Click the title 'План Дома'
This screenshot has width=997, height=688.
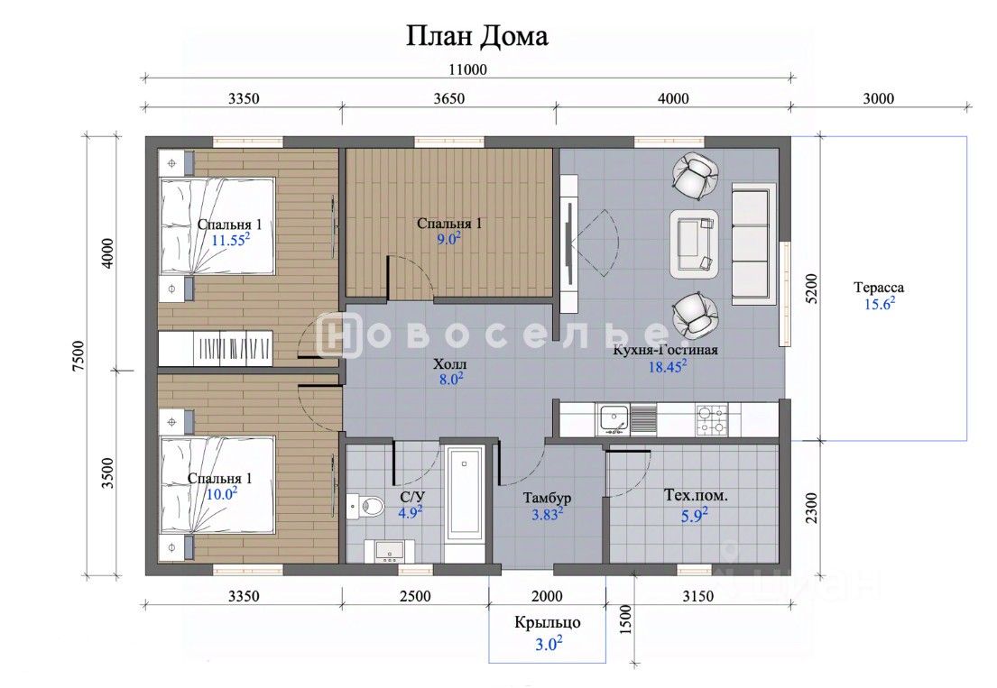click(x=477, y=37)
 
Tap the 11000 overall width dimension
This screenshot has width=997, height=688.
click(x=467, y=69)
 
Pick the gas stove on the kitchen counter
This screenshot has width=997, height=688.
click(x=712, y=420)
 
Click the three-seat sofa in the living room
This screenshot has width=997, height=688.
click(x=754, y=244)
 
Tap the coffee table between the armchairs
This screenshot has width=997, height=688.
click(x=694, y=244)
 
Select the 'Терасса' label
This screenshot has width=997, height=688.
click(x=878, y=288)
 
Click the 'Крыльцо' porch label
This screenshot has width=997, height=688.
click(x=548, y=622)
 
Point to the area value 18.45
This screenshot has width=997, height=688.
click(x=667, y=367)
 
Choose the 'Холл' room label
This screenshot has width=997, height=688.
click(x=449, y=364)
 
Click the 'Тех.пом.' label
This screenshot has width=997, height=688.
click(x=696, y=496)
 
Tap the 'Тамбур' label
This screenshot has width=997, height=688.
click(x=547, y=498)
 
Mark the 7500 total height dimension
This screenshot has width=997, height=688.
click(x=78, y=356)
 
